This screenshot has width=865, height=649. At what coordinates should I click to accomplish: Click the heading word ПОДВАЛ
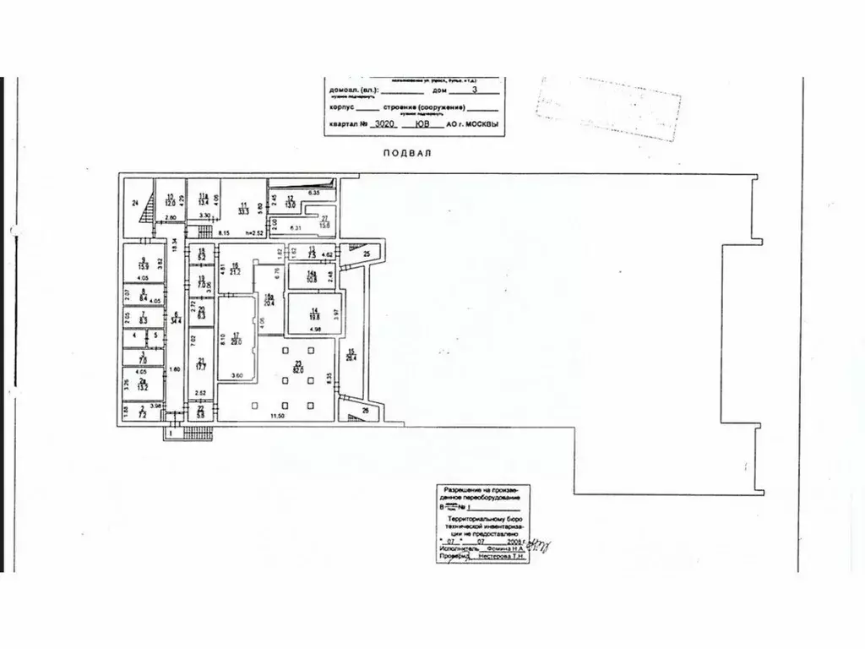click(x=407, y=153)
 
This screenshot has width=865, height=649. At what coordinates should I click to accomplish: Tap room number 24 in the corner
click(x=134, y=203)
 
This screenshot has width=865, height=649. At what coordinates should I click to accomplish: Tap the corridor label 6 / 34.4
click(x=176, y=319)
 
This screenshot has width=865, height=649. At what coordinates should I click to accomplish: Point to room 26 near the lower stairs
click(x=366, y=412)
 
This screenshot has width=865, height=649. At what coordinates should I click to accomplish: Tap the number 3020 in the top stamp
click(x=384, y=124)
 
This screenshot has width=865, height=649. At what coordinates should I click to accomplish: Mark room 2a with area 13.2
click(x=144, y=386)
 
